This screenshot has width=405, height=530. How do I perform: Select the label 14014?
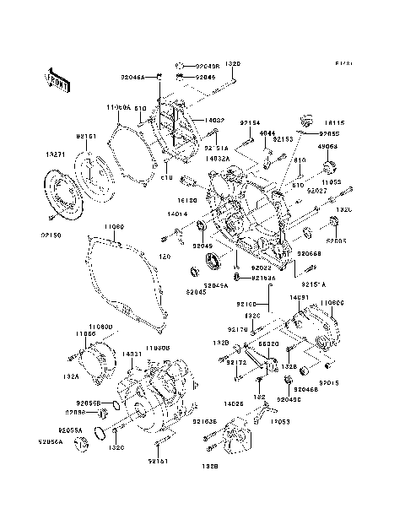(x=176, y=215)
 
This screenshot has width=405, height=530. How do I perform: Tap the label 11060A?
(x=118, y=108)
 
